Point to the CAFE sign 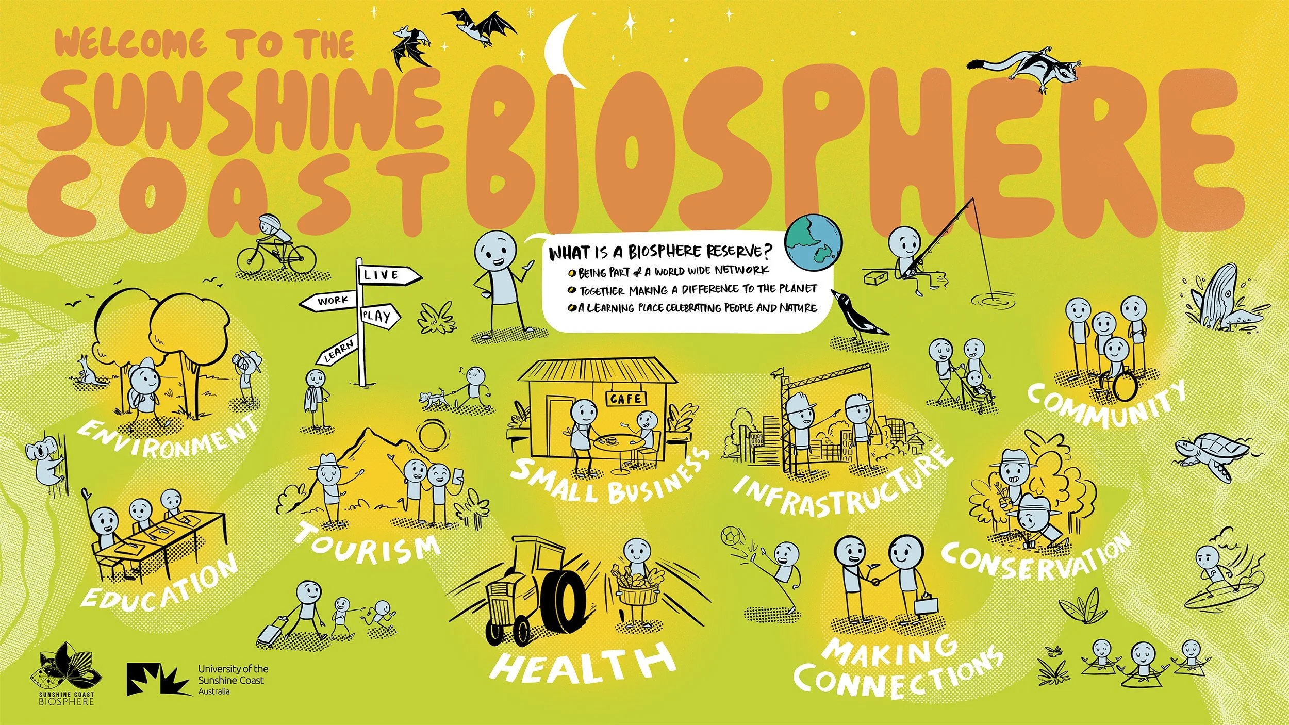click(x=625, y=399)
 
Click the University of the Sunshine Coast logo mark click(x=153, y=680)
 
